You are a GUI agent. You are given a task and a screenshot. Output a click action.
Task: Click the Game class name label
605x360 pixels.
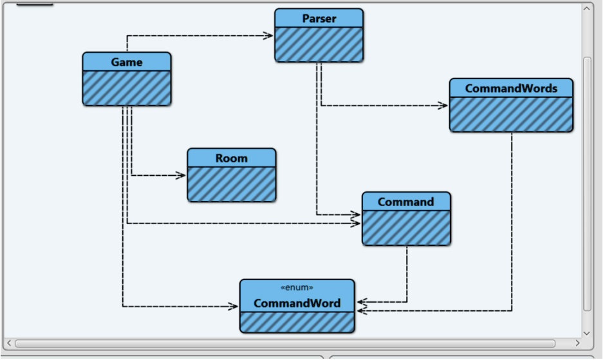point(127,62)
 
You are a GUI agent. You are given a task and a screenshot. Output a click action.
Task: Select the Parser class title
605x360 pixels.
point(319,19)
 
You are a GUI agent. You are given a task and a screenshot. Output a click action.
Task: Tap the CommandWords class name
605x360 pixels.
point(511,88)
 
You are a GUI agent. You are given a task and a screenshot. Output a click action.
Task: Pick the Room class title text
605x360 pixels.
point(231,158)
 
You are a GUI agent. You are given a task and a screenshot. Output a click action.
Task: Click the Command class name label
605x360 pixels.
point(405,202)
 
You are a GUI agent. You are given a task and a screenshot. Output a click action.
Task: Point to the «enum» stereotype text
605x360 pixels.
point(297,288)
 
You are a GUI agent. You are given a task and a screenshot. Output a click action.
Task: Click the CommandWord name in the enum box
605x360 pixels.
point(297,303)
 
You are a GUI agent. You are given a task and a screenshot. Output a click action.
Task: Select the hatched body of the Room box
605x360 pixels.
point(231,184)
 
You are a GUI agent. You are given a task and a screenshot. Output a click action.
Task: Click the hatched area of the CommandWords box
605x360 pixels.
point(511,114)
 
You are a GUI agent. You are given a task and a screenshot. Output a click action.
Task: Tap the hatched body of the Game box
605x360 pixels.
point(127,88)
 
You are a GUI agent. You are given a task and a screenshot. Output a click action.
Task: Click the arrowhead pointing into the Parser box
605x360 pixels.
point(269,36)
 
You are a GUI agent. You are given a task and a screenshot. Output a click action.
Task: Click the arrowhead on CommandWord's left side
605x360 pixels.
point(234,307)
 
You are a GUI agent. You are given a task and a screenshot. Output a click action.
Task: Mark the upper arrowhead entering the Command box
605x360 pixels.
point(356,214)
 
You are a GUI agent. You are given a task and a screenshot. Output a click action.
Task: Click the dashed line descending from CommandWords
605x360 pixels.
point(512,219)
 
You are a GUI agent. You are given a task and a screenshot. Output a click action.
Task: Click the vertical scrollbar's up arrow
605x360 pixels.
point(586,9)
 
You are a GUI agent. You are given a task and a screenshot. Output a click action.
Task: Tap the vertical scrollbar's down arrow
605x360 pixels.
point(586,332)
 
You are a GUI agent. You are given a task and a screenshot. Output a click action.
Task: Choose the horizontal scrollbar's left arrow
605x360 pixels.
point(8,343)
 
